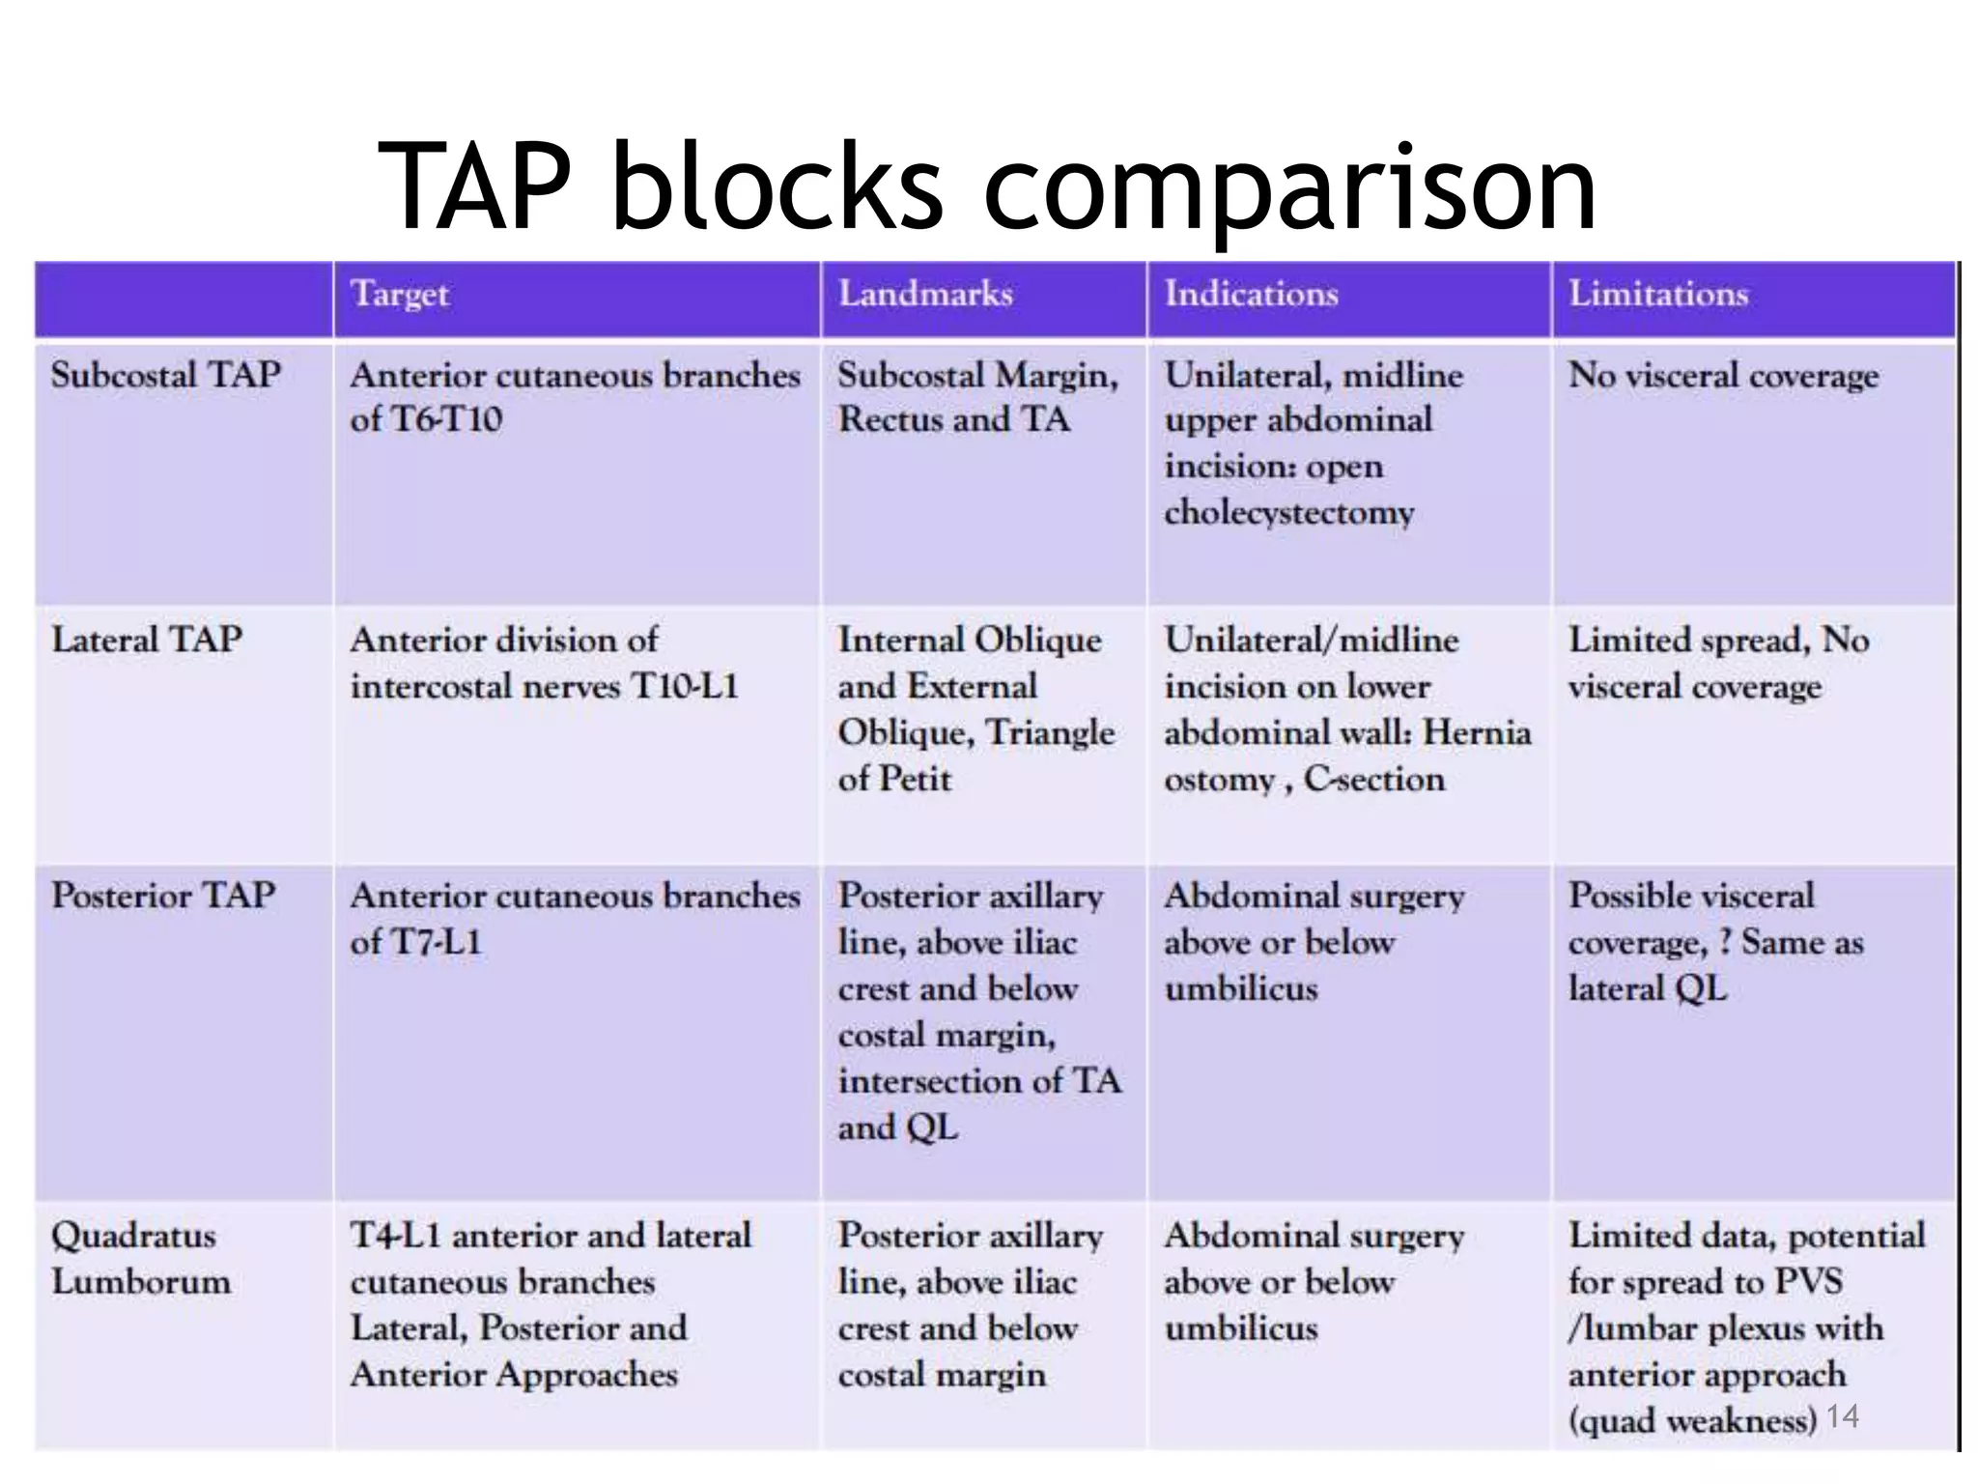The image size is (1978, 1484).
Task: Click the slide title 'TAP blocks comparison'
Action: point(987,185)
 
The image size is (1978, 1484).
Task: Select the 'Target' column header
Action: point(400,294)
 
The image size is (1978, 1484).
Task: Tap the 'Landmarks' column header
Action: point(925,294)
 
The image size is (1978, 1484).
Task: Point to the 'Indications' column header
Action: point(1251,294)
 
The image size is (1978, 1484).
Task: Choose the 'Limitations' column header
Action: point(1657,294)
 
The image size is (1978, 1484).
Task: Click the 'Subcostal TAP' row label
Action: point(165,375)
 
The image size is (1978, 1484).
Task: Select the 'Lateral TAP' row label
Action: point(146,640)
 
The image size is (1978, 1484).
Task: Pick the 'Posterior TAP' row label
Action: point(163,896)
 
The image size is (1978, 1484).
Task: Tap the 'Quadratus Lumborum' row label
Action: point(141,1258)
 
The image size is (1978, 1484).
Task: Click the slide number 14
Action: point(1843,1416)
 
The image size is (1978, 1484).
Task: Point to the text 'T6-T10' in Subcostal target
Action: point(446,420)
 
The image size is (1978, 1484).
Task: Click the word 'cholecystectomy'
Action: point(1288,512)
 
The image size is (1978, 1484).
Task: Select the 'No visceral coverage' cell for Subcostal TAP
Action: point(1723,375)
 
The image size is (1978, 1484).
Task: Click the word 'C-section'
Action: point(1374,779)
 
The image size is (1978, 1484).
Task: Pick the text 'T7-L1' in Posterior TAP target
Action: point(436,942)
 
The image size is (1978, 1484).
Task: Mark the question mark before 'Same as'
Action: point(1725,942)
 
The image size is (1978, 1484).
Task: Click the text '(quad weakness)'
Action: point(1692,1420)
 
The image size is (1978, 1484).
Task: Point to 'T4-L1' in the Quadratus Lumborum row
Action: point(395,1236)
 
